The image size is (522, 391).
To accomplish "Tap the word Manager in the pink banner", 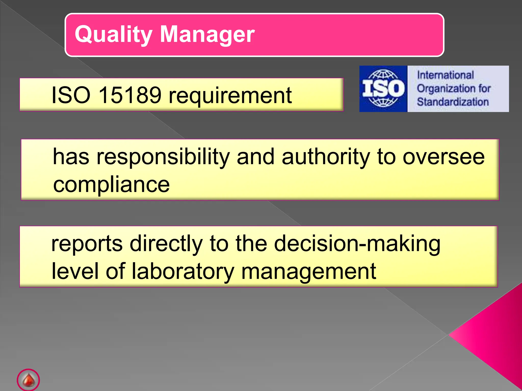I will [207, 35].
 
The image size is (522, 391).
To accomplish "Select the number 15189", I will [130, 95].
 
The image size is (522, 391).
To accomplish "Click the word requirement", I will [230, 96].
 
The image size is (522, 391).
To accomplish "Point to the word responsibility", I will [163, 157].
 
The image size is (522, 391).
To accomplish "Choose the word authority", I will [326, 157].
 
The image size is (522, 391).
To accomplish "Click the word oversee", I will [443, 157].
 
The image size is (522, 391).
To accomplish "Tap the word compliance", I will [111, 185].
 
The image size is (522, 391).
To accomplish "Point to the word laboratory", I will [182, 272].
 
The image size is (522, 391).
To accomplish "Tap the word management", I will [308, 272].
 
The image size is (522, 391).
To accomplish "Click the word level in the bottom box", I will [75, 271].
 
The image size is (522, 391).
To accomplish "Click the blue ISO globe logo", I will [383, 89].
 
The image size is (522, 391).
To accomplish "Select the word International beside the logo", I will [445, 75].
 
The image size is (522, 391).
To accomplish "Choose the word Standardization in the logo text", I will [453, 102].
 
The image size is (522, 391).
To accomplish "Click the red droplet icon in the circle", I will [28, 380].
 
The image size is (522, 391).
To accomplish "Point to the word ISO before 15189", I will [71, 95].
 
